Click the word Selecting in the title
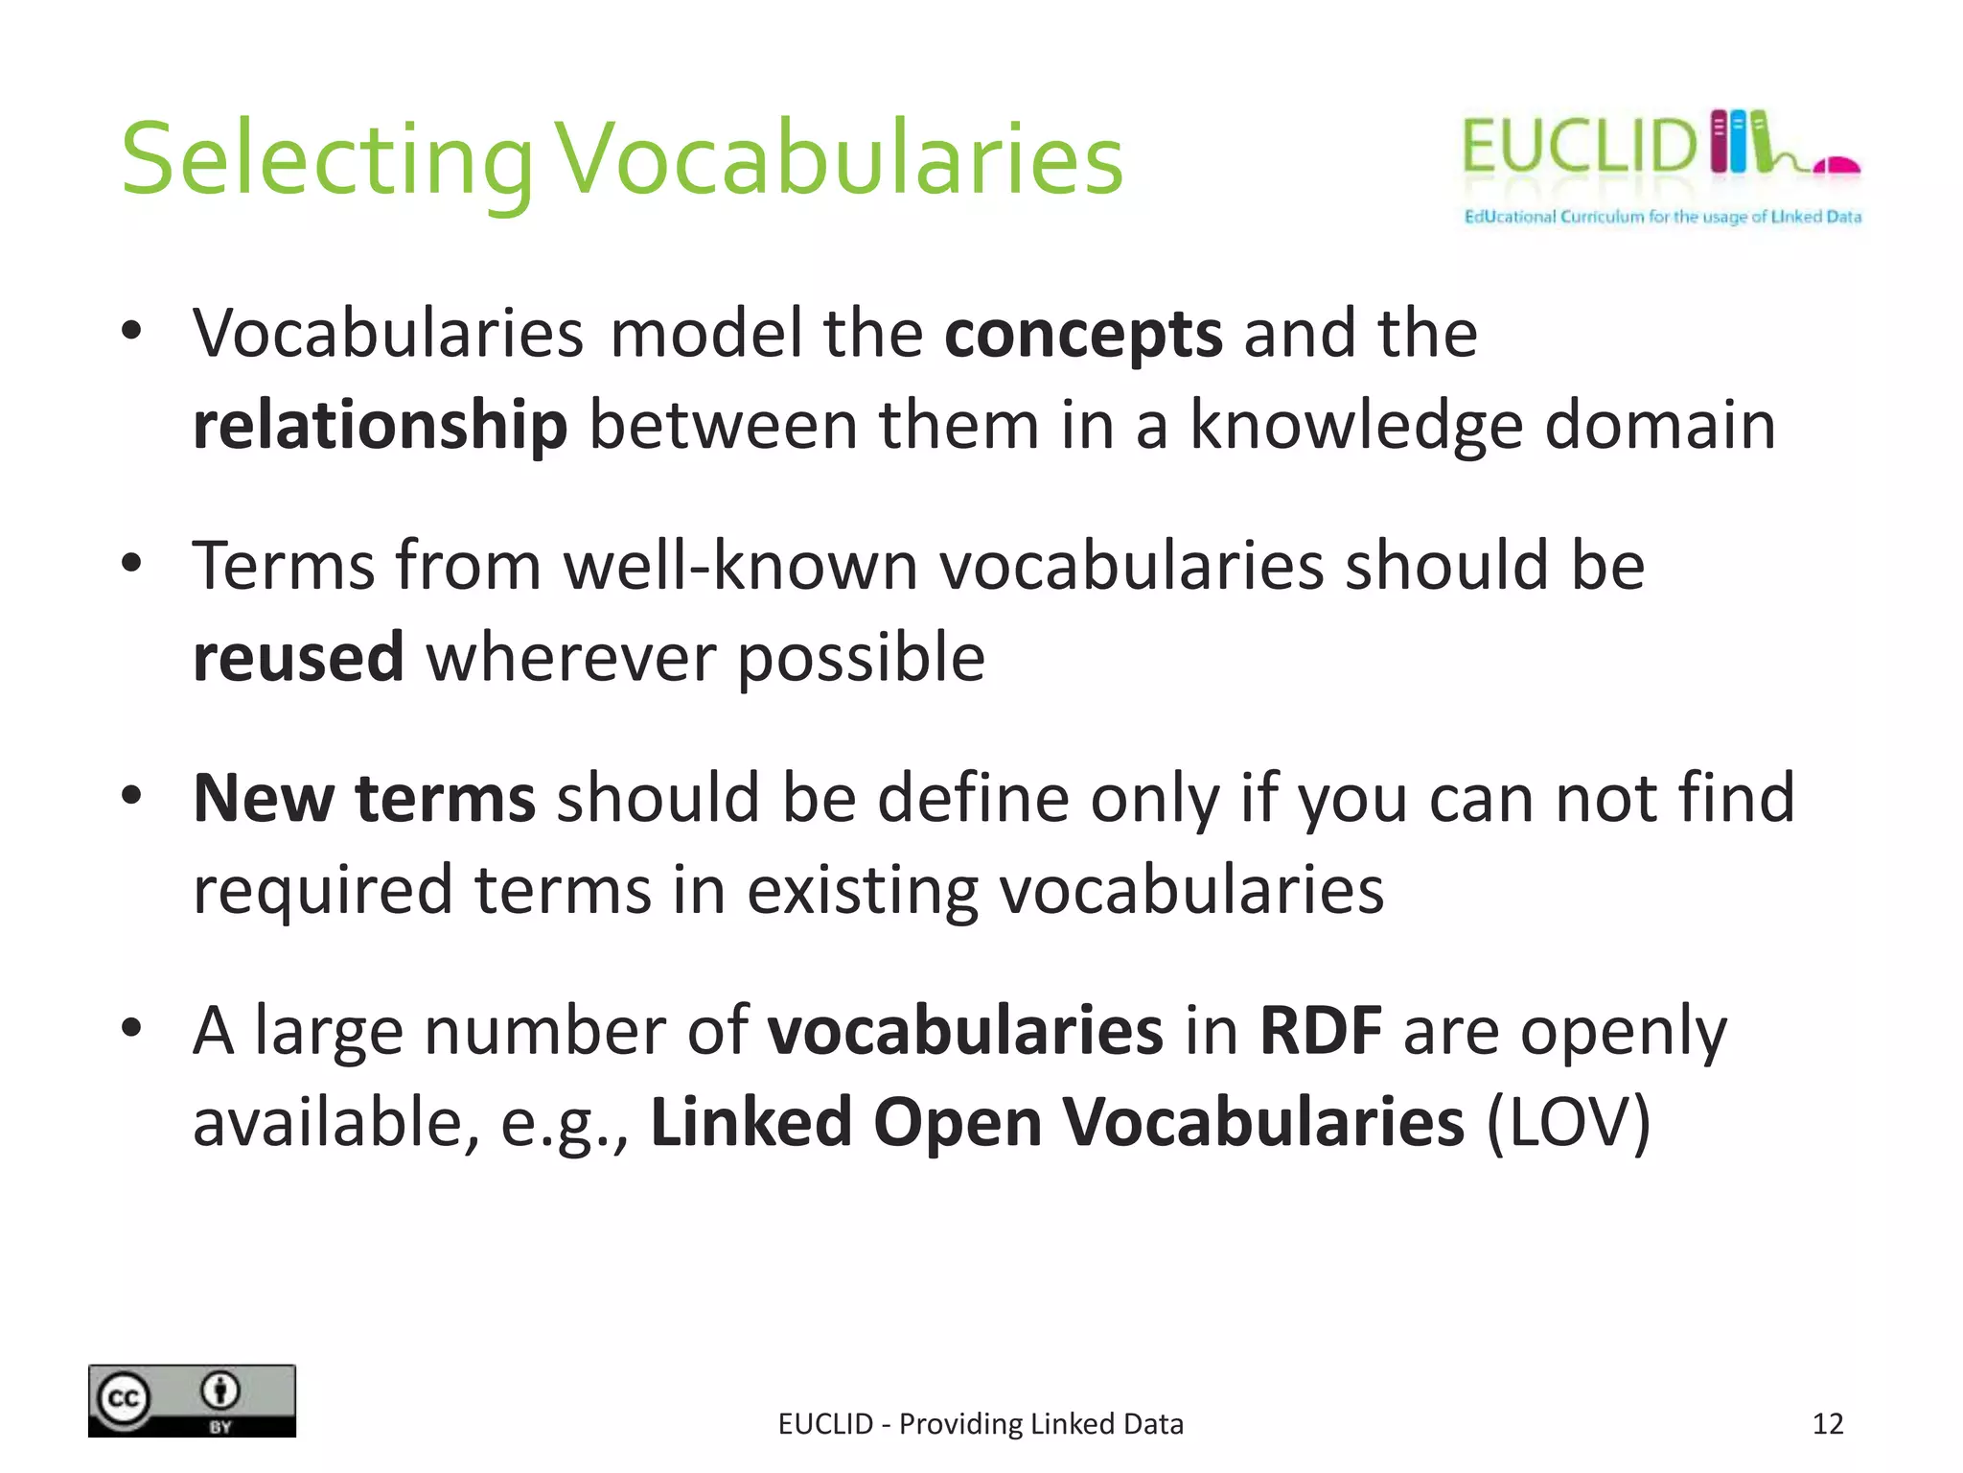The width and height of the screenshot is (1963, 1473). click(326, 160)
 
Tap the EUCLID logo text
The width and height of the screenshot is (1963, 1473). click(1578, 147)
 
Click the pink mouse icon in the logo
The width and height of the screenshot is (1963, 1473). click(1836, 166)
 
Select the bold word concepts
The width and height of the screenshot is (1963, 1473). click(1083, 334)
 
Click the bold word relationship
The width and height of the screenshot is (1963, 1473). click(380, 425)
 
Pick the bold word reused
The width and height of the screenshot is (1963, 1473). click(298, 658)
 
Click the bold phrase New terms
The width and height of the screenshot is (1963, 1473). click(364, 798)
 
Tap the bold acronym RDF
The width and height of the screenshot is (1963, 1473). click(1320, 1031)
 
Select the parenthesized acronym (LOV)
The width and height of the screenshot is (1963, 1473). click(1568, 1122)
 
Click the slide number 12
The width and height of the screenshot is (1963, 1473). click(1827, 1424)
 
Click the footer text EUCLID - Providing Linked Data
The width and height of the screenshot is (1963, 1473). click(981, 1424)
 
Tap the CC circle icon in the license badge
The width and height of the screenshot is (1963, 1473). click(123, 1399)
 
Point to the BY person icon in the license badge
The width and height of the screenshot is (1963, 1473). click(220, 1391)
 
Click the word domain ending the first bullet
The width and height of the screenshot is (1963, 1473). click(1660, 425)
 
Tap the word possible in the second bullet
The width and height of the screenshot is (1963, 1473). click(861, 658)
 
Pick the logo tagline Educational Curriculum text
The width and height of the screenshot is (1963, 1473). click(1662, 217)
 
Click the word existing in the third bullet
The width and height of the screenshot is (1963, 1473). click(862, 890)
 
